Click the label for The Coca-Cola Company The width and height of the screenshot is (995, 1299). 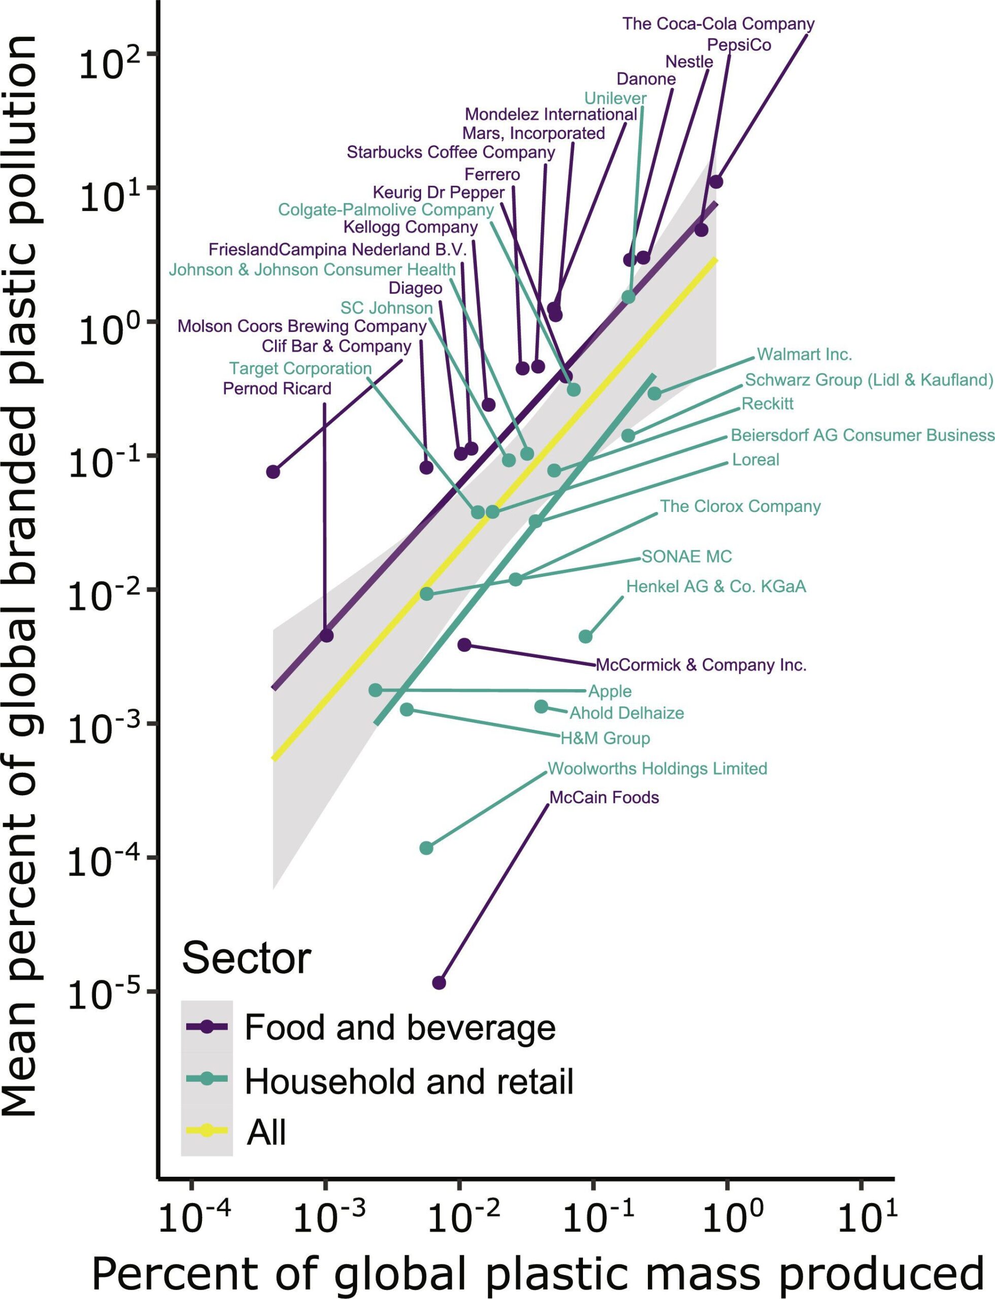pyautogui.click(x=718, y=24)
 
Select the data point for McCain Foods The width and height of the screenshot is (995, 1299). pyautogui.click(x=439, y=983)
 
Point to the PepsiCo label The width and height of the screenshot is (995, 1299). pyautogui.click(x=739, y=45)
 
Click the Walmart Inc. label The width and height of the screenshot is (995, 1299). pyautogui.click(x=804, y=355)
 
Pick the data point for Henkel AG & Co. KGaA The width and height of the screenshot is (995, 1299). pyautogui.click(x=585, y=637)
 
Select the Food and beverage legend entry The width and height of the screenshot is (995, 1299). pyautogui.click(x=400, y=1028)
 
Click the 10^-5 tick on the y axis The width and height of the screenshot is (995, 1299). pyautogui.click(x=95, y=993)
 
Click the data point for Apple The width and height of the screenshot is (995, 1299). pyautogui.click(x=375, y=690)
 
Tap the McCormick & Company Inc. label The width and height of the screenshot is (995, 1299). pyautogui.click(x=701, y=665)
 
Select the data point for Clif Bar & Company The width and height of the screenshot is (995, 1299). pyautogui.click(x=273, y=472)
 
